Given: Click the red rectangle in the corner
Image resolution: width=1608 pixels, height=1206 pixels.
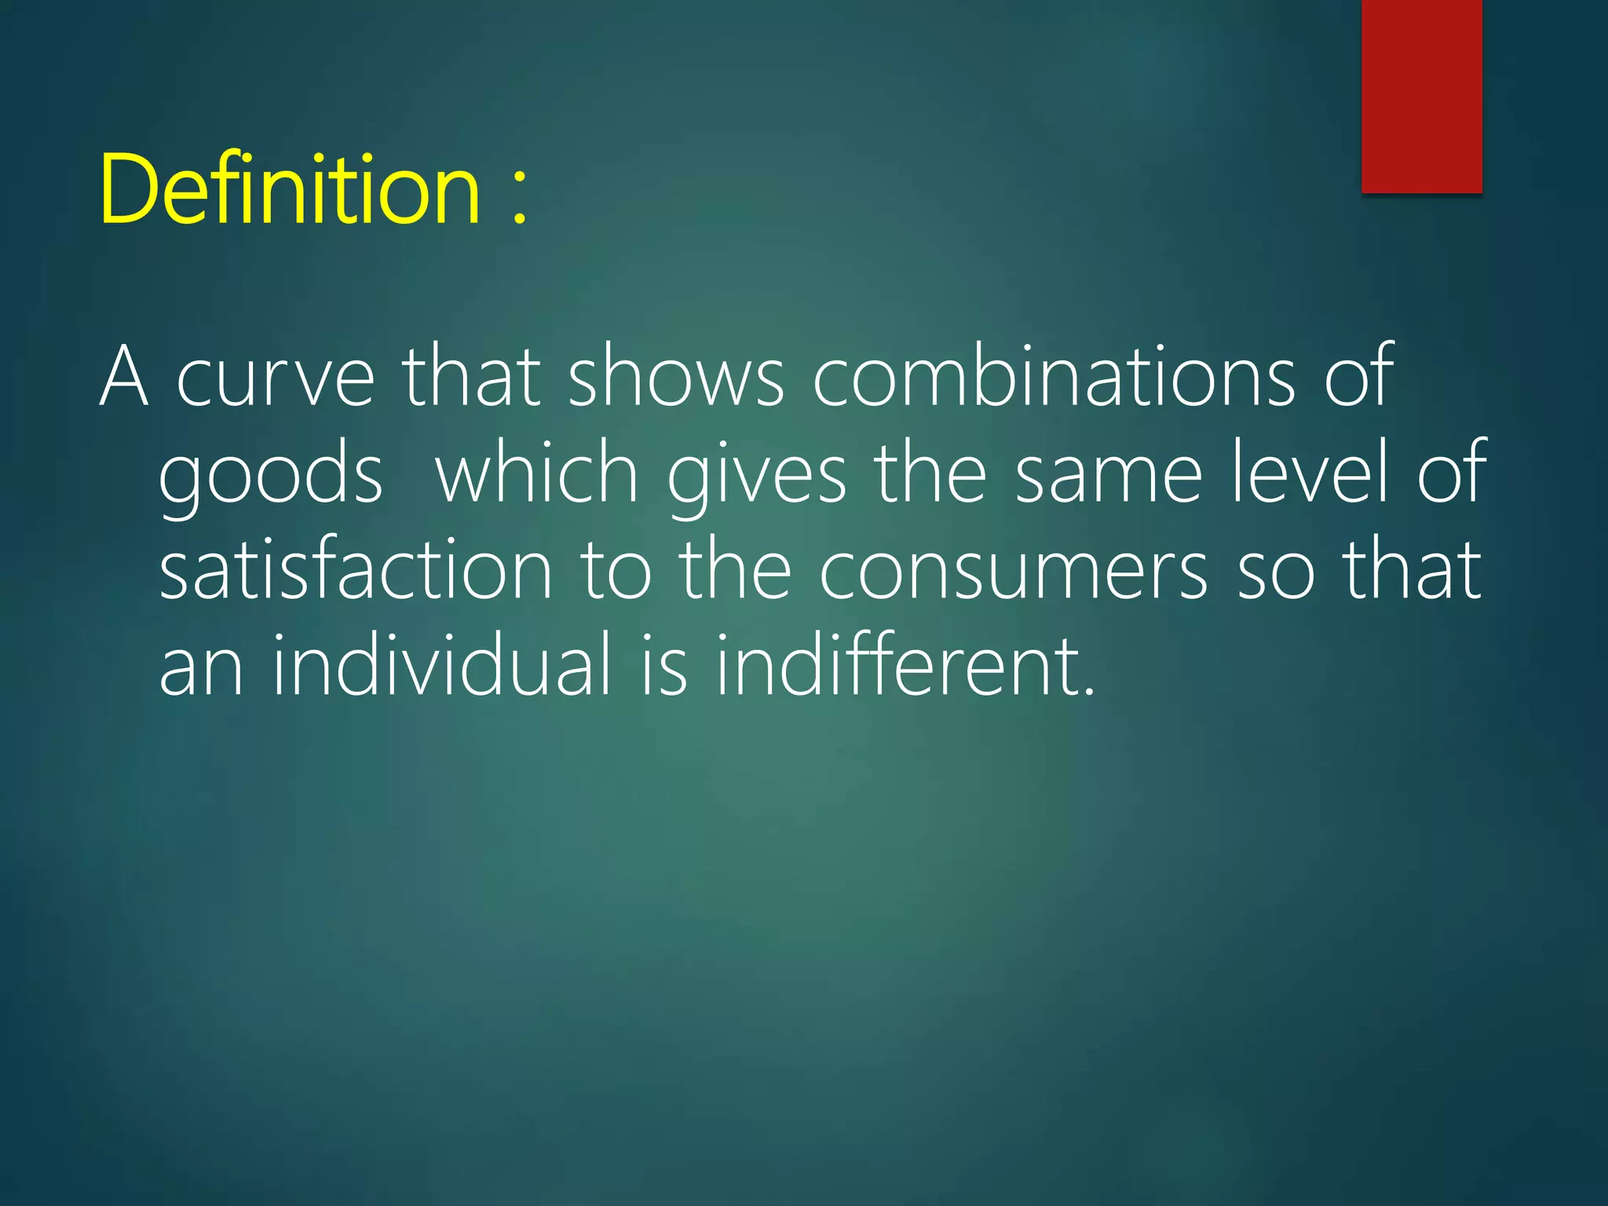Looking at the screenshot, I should coord(1421,96).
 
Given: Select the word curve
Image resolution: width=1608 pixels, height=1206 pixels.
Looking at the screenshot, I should coord(276,379).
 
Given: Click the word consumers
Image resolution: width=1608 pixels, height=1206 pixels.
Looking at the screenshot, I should coord(1013,572).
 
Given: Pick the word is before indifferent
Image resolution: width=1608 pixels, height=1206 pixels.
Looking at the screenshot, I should coord(664,666).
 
